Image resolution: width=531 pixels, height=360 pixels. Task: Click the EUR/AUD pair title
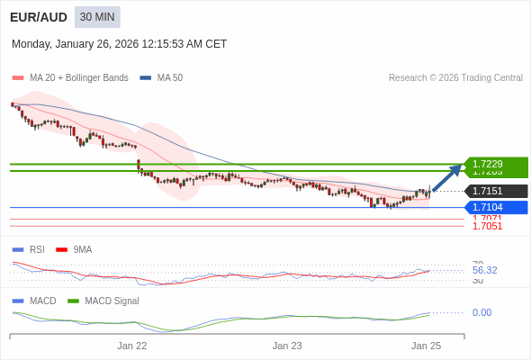38,17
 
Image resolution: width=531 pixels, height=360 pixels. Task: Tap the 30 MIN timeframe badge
97,17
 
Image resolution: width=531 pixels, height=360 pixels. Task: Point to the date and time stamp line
119,44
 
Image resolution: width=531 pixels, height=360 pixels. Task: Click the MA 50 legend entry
162,78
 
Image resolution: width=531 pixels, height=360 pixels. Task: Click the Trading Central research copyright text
455,78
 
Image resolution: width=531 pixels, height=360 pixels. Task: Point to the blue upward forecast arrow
447,178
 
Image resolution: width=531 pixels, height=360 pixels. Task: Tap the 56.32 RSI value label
484,270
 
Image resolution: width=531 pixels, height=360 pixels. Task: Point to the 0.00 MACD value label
481,312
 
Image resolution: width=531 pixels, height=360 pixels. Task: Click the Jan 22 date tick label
131,346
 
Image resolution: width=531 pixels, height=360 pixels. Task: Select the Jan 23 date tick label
287,346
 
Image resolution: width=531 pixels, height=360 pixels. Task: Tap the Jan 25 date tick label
426,346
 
